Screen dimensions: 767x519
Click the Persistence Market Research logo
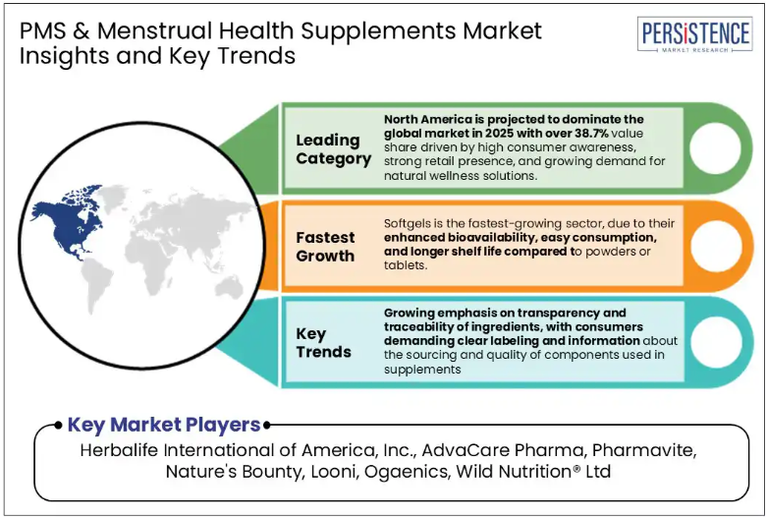(x=694, y=34)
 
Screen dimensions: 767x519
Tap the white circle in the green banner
(x=715, y=147)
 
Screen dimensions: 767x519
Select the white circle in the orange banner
(x=715, y=246)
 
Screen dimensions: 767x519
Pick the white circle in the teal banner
(x=715, y=342)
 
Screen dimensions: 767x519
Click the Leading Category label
(x=333, y=149)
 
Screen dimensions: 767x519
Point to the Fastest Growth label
(x=325, y=247)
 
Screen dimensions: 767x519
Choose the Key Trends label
(x=323, y=343)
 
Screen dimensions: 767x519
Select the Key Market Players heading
(x=164, y=425)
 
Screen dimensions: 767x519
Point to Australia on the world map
(x=229, y=287)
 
